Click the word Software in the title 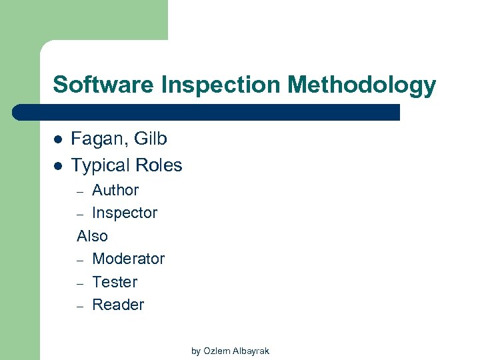coord(100,85)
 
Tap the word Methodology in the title coord(363,85)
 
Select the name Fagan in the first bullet coord(97,139)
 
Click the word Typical coord(100,165)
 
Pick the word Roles coord(158,165)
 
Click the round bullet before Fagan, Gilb coord(57,139)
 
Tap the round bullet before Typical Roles coord(57,165)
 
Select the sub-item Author coord(115,190)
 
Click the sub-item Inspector coord(125,213)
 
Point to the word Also coord(92,236)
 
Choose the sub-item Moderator coord(128,259)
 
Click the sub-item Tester coord(115,282)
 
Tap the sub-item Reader coord(118,305)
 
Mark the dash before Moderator coord(80,260)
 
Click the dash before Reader coord(80,306)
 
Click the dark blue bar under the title coord(207,112)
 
